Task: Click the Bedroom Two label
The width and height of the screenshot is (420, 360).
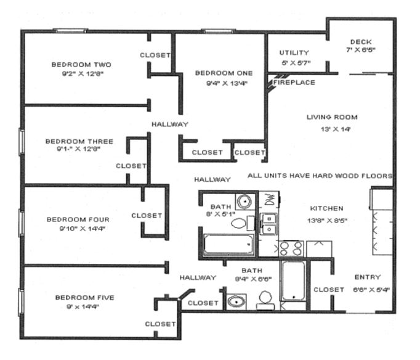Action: pos(81,65)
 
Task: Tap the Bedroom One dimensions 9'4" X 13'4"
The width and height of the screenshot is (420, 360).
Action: pos(227,83)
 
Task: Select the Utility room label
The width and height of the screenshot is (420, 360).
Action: pos(294,52)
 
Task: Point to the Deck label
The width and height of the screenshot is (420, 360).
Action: pos(361,42)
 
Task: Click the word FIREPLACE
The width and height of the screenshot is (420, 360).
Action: pos(294,83)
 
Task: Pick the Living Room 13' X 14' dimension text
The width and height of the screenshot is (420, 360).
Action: pos(336,129)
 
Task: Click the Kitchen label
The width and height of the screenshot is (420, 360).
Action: pos(326,208)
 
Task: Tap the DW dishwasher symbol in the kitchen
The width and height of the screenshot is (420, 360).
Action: pos(270,199)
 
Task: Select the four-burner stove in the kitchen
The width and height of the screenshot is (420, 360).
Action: pos(291,248)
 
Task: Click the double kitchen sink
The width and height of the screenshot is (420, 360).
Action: pos(269,224)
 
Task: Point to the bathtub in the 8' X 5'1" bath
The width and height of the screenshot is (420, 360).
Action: pos(228,244)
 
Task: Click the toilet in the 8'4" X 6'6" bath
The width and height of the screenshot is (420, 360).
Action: pos(265,301)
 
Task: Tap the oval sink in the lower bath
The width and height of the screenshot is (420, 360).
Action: pos(236,302)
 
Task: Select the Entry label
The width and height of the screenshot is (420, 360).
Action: pos(368,277)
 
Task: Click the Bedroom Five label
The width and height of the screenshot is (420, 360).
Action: pos(84,298)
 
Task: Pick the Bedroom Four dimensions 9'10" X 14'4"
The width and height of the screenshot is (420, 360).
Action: pos(83,229)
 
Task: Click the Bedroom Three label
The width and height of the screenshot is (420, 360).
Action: pos(79,141)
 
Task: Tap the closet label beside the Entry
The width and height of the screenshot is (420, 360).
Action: pos(329,290)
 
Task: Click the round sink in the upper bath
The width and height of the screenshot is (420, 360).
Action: pos(244,201)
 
